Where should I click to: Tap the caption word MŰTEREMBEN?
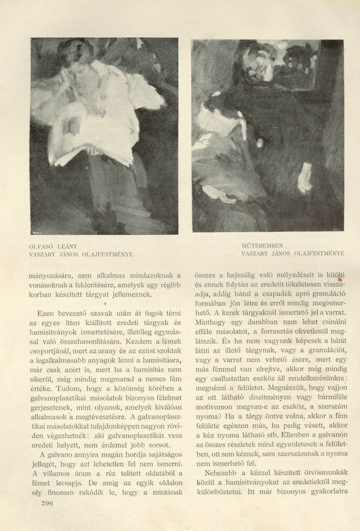262,246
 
